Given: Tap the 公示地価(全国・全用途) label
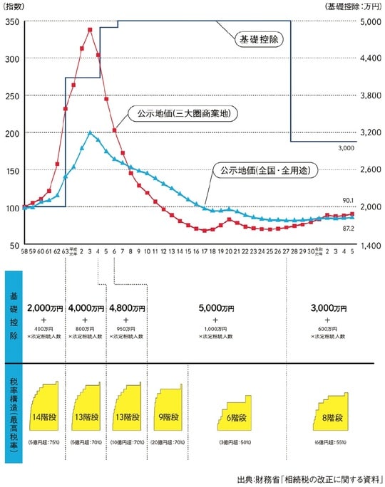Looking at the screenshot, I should (266, 170).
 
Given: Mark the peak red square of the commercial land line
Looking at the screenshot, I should (91, 30).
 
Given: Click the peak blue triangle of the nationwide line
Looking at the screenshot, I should (91, 133).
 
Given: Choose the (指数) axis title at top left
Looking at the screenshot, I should (15, 6).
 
